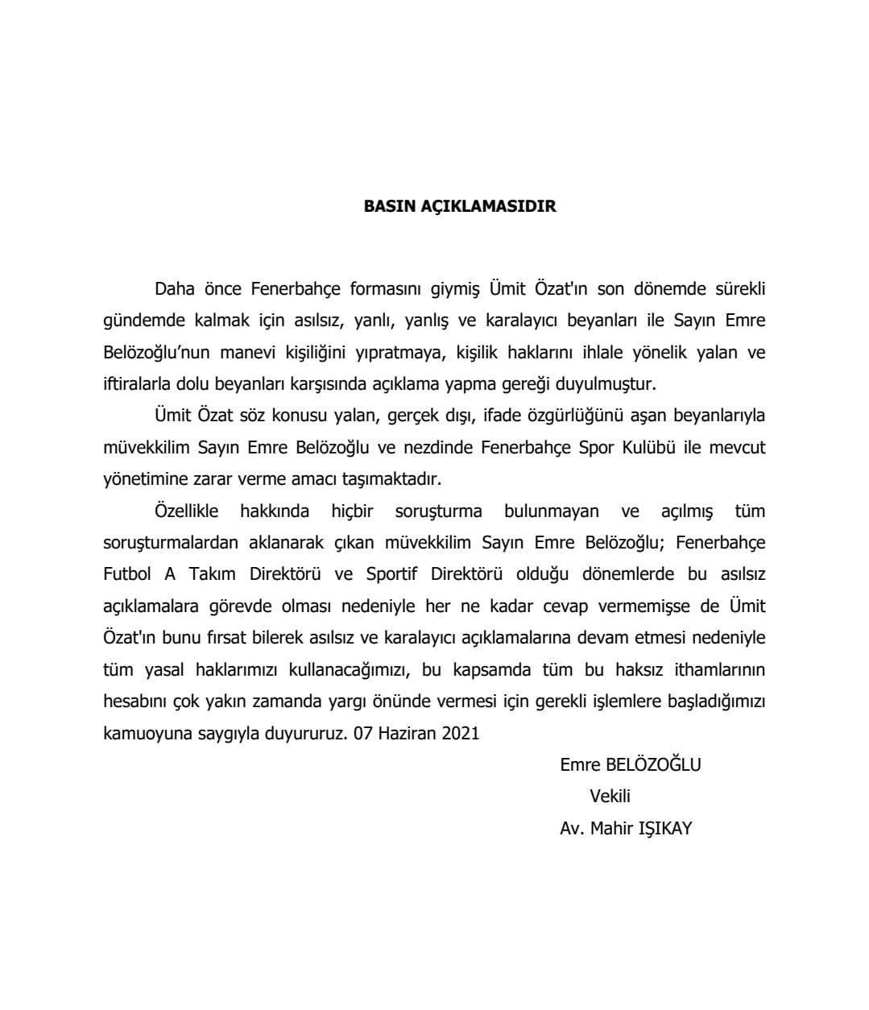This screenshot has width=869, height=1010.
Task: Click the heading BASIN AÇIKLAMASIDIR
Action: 460,206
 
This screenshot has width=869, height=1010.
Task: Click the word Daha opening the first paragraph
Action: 175,288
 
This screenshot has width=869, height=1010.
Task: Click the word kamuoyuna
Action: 143,733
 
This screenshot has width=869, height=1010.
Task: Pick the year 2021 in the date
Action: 461,733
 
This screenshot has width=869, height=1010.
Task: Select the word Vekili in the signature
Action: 610,797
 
